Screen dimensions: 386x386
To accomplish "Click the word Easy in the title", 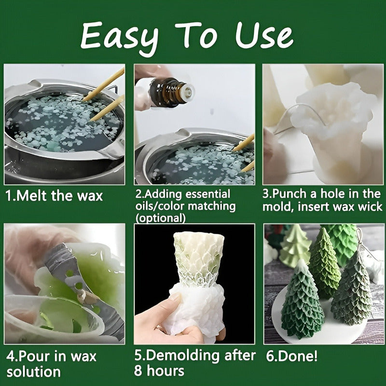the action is coord(120,38).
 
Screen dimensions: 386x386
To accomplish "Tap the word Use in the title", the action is coord(264,35).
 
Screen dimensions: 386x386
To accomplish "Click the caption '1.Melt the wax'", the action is coord(54,196).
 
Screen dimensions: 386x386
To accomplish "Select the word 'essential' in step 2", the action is coord(207,194).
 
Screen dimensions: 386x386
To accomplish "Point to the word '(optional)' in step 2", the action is coord(160,218).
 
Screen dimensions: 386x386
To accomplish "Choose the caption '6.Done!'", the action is coord(292,356).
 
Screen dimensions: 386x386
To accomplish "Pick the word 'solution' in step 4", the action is coord(33,372).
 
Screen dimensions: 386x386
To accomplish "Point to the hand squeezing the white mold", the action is coord(170,320).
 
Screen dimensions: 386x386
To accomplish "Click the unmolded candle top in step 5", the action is coord(199,259).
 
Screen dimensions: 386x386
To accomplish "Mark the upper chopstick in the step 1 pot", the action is coord(103,85).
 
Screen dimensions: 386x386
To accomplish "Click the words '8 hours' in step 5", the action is coord(159,371).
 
